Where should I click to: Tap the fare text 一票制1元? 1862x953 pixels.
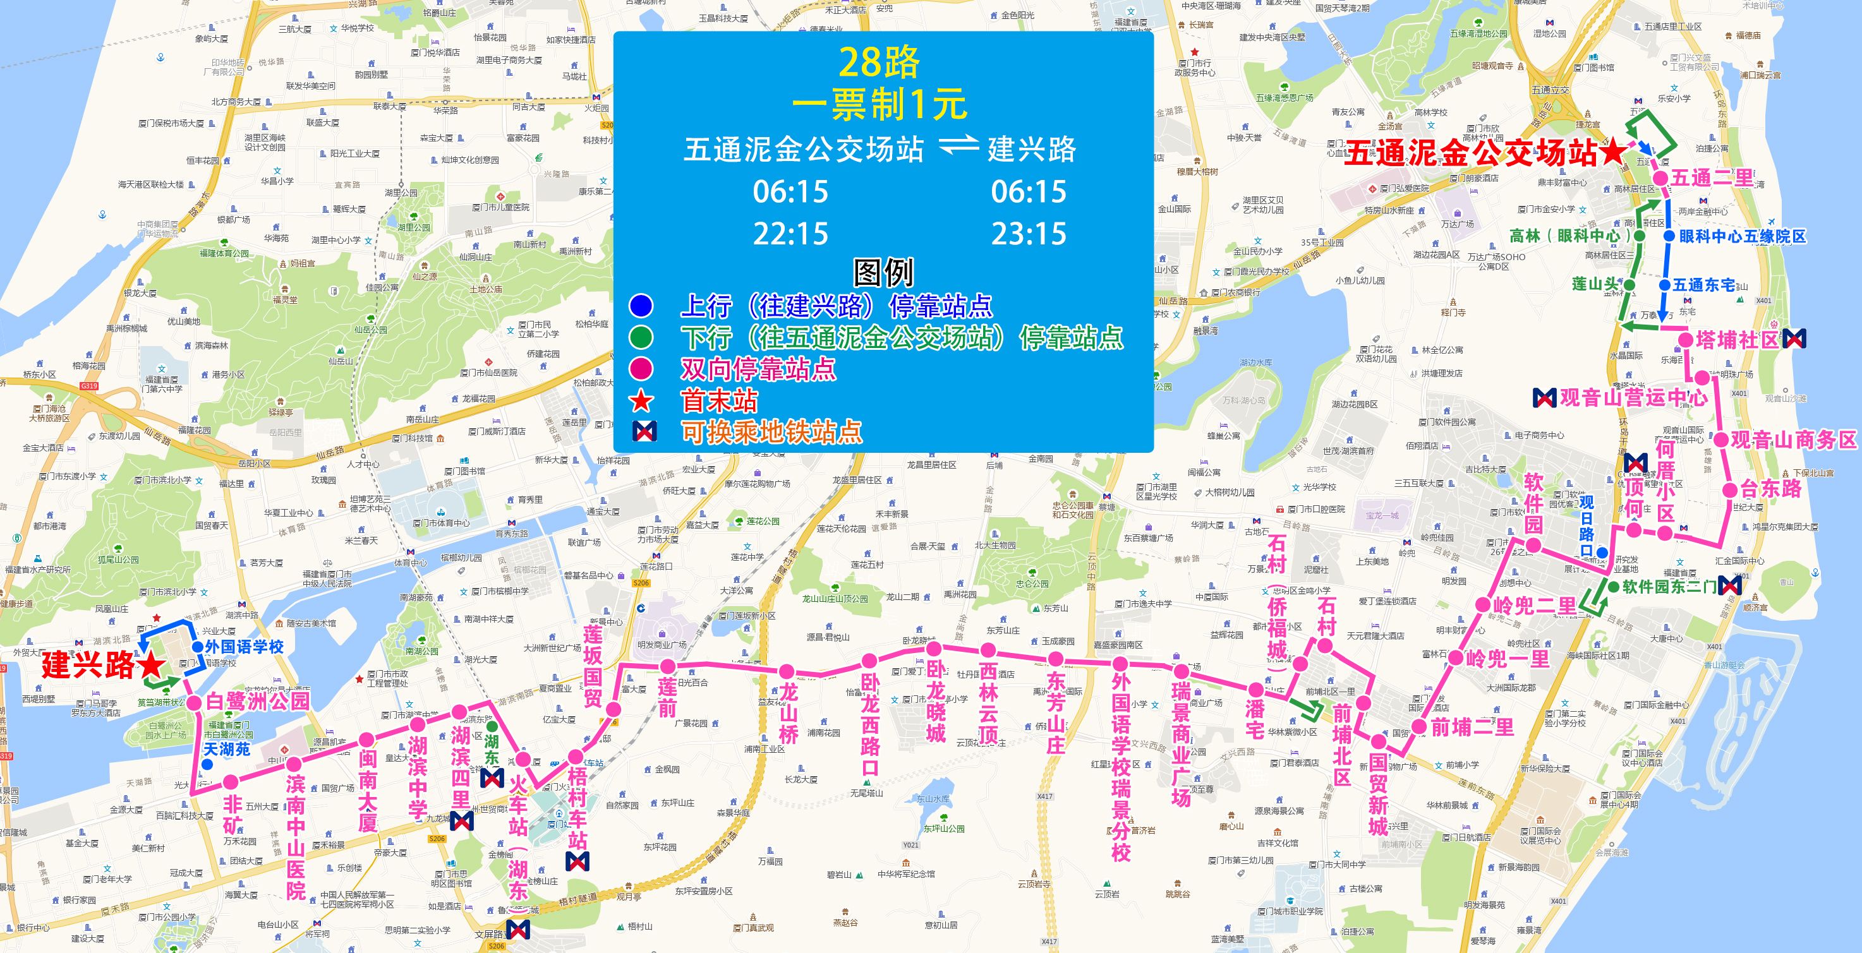click(x=879, y=105)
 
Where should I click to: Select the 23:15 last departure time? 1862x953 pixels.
click(x=1028, y=234)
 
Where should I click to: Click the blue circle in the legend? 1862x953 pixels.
click(x=641, y=306)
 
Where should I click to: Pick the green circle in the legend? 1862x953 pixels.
click(x=641, y=337)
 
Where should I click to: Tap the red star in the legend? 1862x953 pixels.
click(x=641, y=400)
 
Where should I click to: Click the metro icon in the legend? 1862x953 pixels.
click(x=644, y=431)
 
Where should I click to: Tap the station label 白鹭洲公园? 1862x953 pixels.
click(x=258, y=700)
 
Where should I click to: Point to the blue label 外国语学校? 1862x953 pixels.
click(x=245, y=647)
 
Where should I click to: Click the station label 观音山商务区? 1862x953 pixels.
click(x=1793, y=440)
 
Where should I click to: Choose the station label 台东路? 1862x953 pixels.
click(x=1771, y=489)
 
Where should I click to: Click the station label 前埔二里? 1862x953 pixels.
click(x=1472, y=727)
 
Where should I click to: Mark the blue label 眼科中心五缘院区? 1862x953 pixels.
click(x=1742, y=236)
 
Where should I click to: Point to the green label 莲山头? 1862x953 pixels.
click(x=1595, y=284)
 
